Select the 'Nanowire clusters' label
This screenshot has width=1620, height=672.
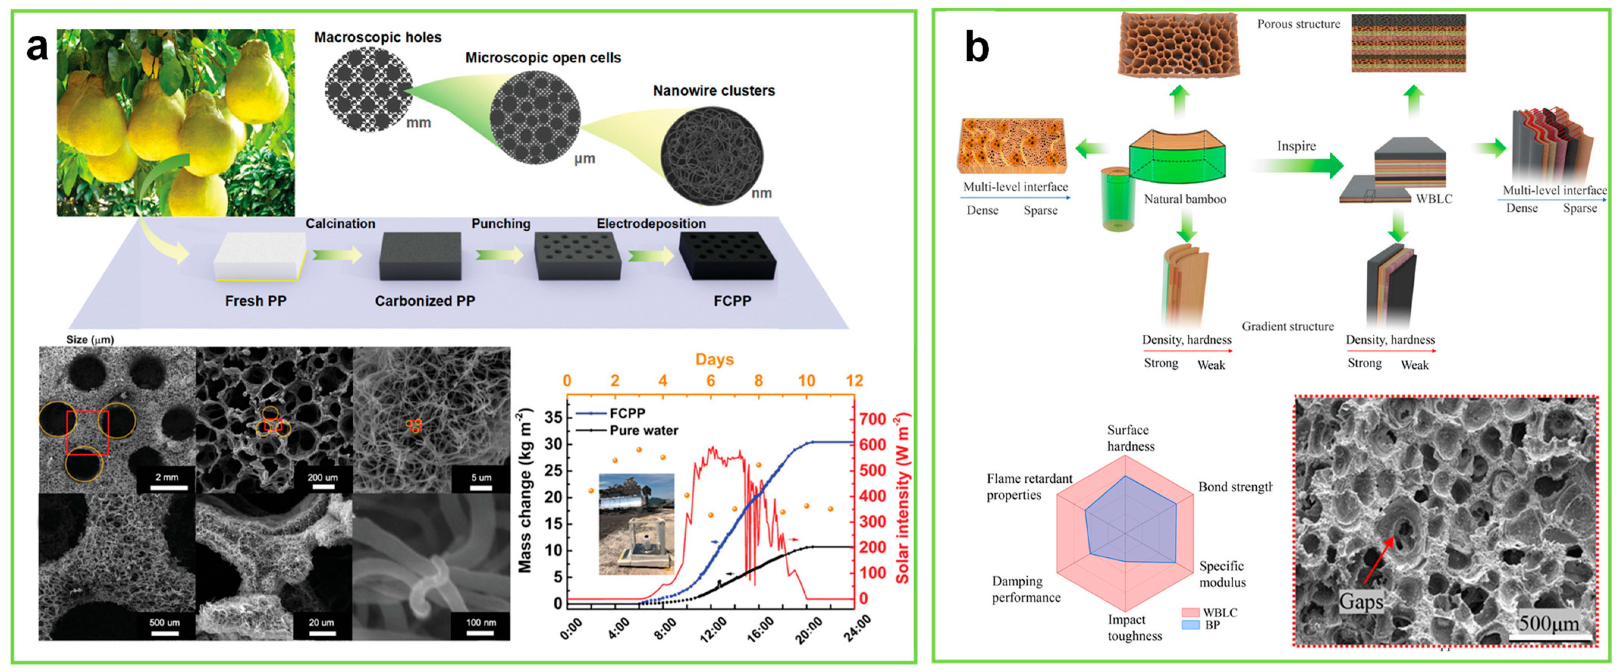pyautogui.click(x=713, y=91)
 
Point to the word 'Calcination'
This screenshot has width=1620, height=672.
pyautogui.click(x=340, y=223)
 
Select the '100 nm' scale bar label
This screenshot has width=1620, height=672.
pyautogui.click(x=481, y=622)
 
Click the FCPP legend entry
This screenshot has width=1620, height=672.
pyautogui.click(x=626, y=413)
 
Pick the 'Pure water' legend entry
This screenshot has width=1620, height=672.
pyautogui.click(x=644, y=430)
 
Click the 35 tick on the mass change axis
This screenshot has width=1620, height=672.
pyautogui.click(x=553, y=418)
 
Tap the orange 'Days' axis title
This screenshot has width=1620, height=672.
pyautogui.click(x=714, y=359)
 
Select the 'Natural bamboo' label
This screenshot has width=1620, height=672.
pyautogui.click(x=1185, y=200)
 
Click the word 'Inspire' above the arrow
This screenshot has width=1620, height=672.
pyautogui.click(x=1296, y=146)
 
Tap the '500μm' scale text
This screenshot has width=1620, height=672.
pyautogui.click(x=1549, y=623)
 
